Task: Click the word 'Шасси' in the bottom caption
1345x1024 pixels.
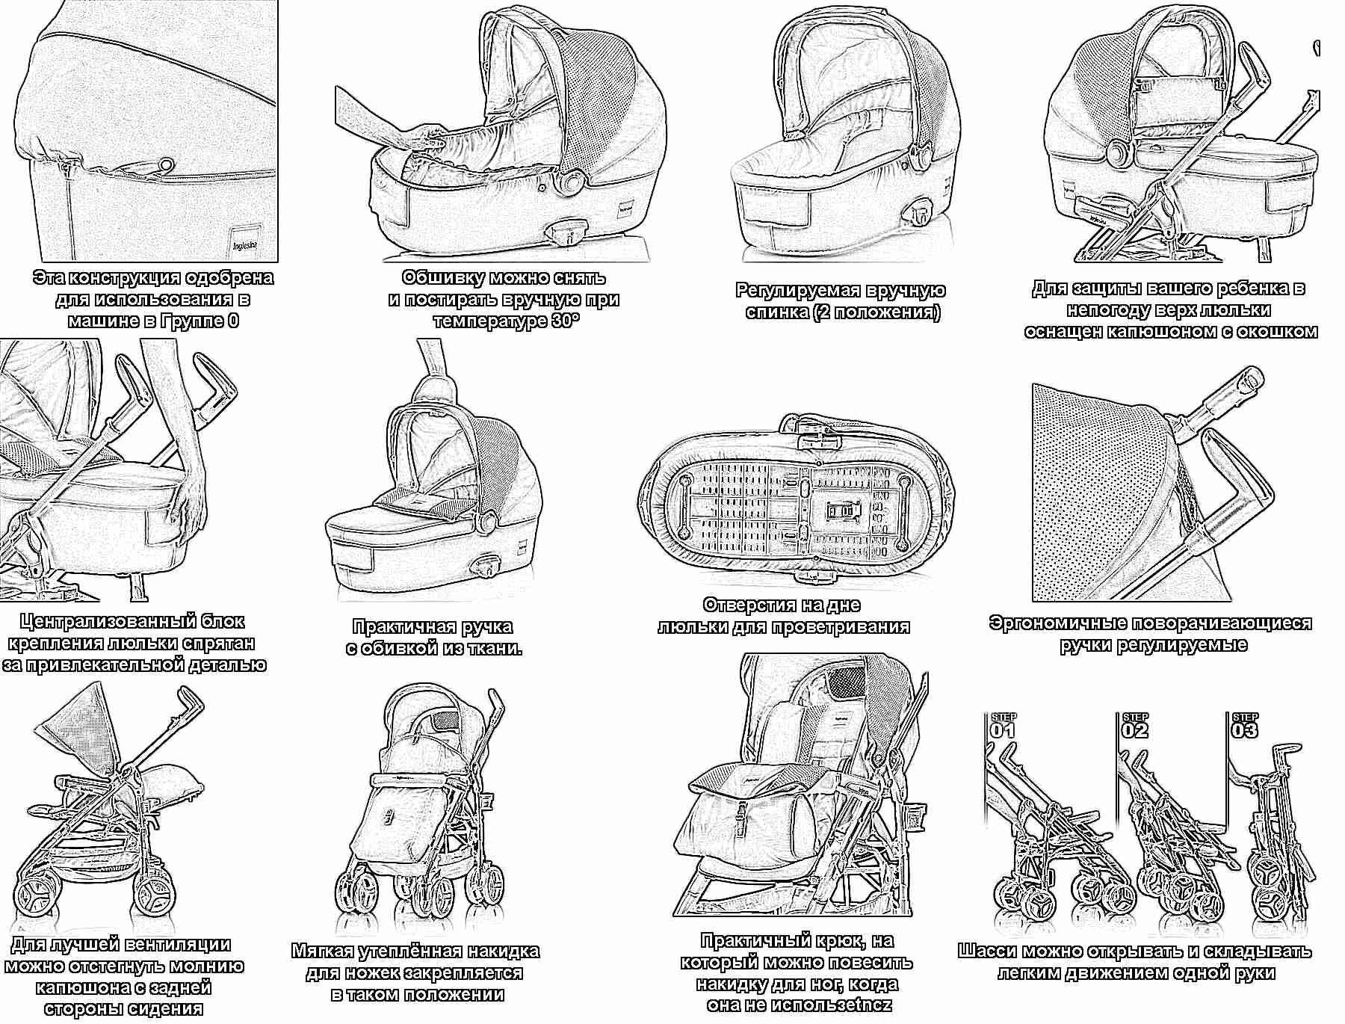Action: pos(986,951)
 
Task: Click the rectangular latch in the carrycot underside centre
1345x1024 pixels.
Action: pos(841,511)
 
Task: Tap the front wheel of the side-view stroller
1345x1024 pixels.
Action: pos(155,892)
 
